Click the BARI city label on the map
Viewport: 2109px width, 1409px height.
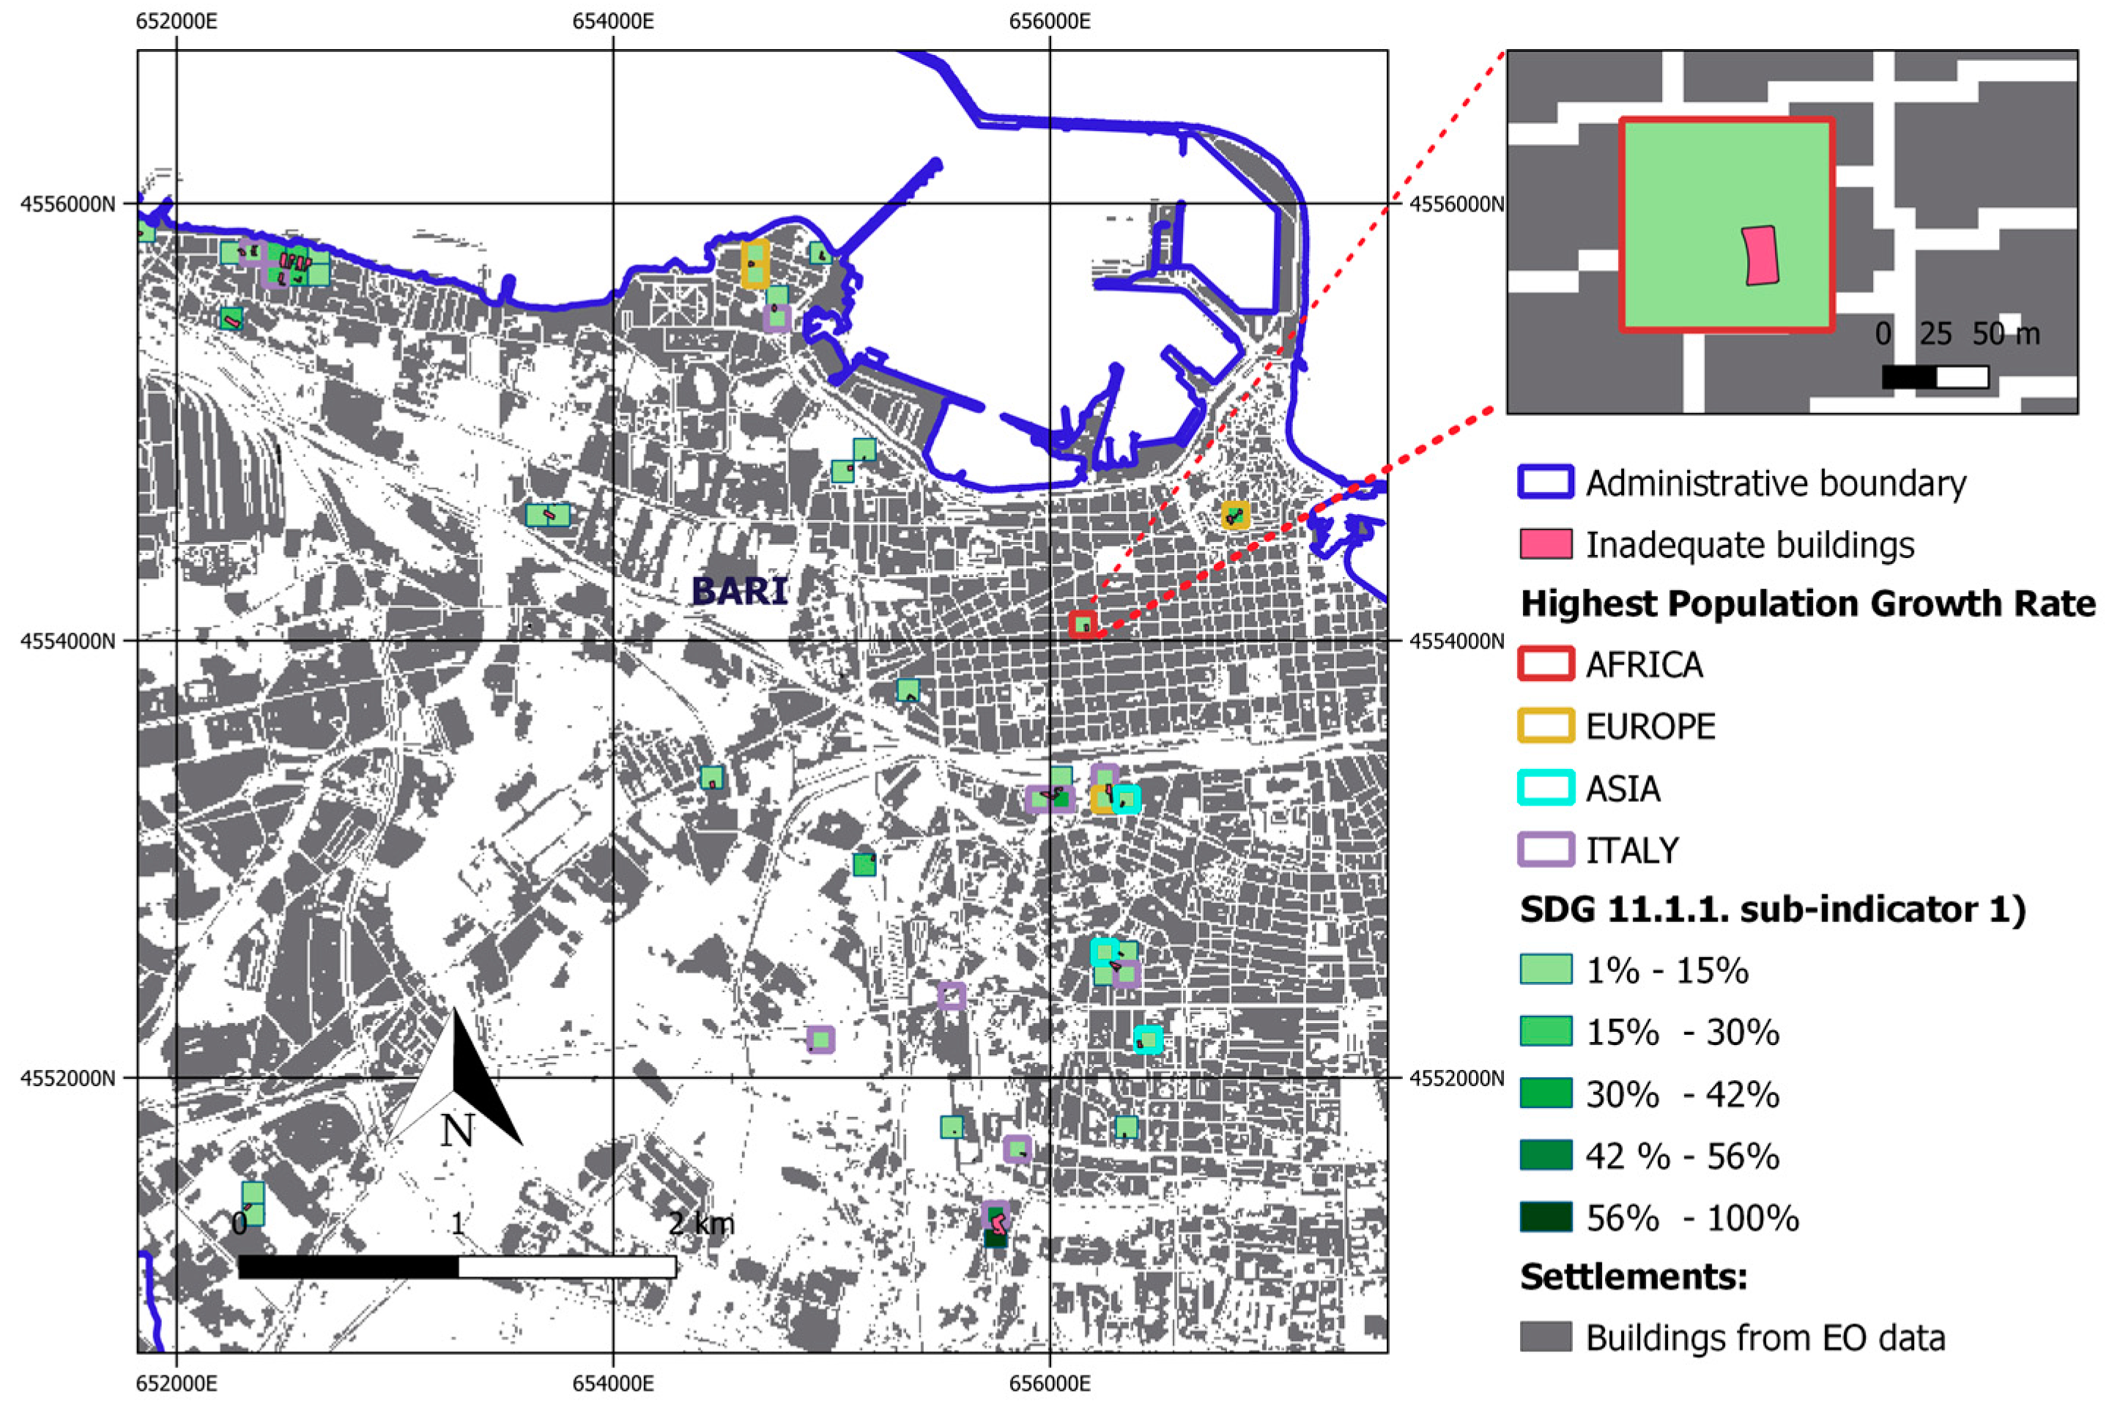pos(740,591)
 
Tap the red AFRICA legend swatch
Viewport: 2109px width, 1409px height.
pos(1546,664)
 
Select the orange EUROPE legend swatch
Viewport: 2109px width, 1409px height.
pos(1546,726)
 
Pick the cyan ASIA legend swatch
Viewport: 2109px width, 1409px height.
pos(1546,788)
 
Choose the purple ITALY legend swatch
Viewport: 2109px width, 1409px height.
pos(1546,850)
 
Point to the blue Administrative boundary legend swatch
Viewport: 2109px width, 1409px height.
pos(1546,483)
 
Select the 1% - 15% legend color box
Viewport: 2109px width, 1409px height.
pos(1546,970)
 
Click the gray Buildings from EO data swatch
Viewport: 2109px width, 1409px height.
pos(1546,1337)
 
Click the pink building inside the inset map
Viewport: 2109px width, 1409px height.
pos(1760,255)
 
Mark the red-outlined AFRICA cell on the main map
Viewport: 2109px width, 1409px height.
pos(1083,624)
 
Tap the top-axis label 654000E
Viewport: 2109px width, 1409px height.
pos(613,20)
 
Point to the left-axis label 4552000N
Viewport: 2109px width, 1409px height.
pos(68,1078)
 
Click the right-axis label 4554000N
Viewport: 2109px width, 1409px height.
pos(1456,642)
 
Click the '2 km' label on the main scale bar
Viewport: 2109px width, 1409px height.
pos(701,1224)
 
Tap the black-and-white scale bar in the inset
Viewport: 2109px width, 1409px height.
pos(1935,377)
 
